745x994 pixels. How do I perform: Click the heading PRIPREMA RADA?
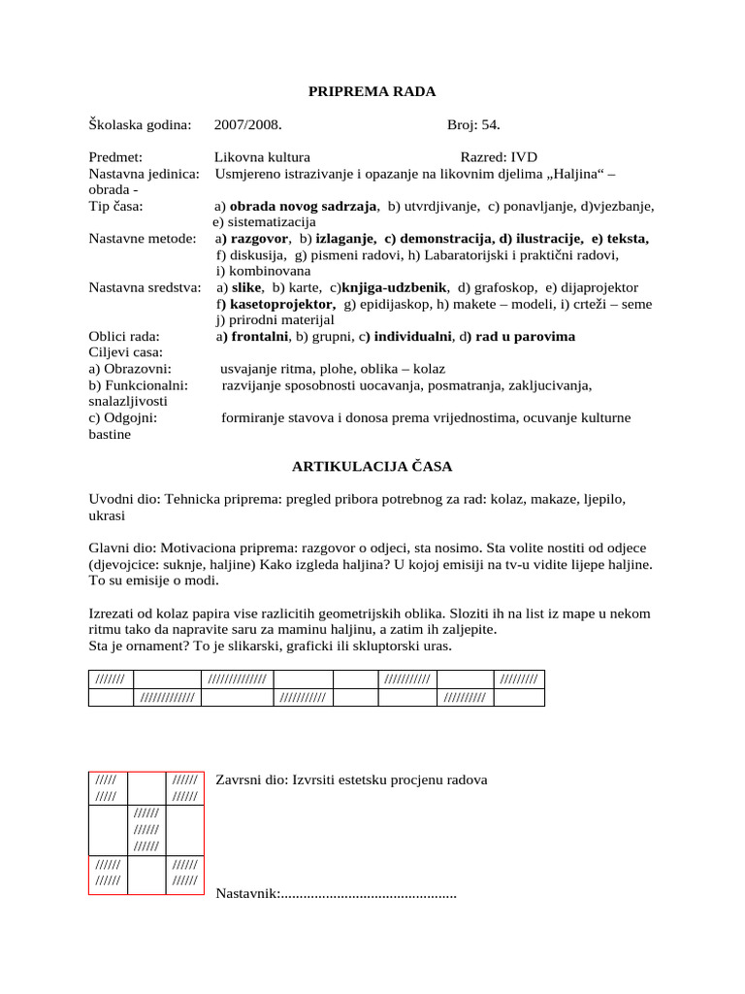click(x=372, y=92)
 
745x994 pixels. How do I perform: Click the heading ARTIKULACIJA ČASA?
click(x=372, y=467)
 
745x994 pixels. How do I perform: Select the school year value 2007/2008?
click(x=248, y=125)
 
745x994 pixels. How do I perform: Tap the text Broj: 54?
click(x=473, y=125)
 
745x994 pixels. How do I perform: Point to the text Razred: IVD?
click(x=499, y=157)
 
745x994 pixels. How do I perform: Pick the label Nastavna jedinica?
click(x=144, y=174)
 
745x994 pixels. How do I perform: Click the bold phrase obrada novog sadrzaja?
click(x=303, y=207)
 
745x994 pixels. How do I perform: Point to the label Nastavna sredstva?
click(x=145, y=288)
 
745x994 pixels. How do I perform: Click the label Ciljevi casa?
click(x=126, y=352)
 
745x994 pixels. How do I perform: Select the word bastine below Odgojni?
click(x=110, y=435)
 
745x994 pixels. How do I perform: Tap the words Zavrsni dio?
click(x=251, y=779)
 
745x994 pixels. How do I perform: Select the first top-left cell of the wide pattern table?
click(x=111, y=679)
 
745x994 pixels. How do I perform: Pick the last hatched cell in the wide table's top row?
click(x=519, y=679)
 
